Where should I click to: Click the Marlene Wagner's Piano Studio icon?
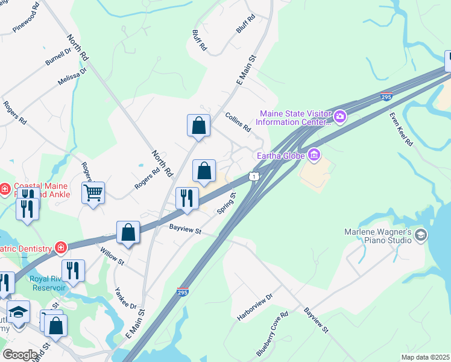point(421,235)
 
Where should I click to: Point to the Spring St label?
point(226,202)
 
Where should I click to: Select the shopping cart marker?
point(93,193)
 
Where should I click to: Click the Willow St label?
point(112,256)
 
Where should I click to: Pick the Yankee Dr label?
point(125,297)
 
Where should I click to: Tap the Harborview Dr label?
point(256,307)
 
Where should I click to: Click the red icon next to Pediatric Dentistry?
point(60,247)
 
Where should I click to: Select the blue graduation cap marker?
point(18,312)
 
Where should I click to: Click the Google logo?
point(20,355)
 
